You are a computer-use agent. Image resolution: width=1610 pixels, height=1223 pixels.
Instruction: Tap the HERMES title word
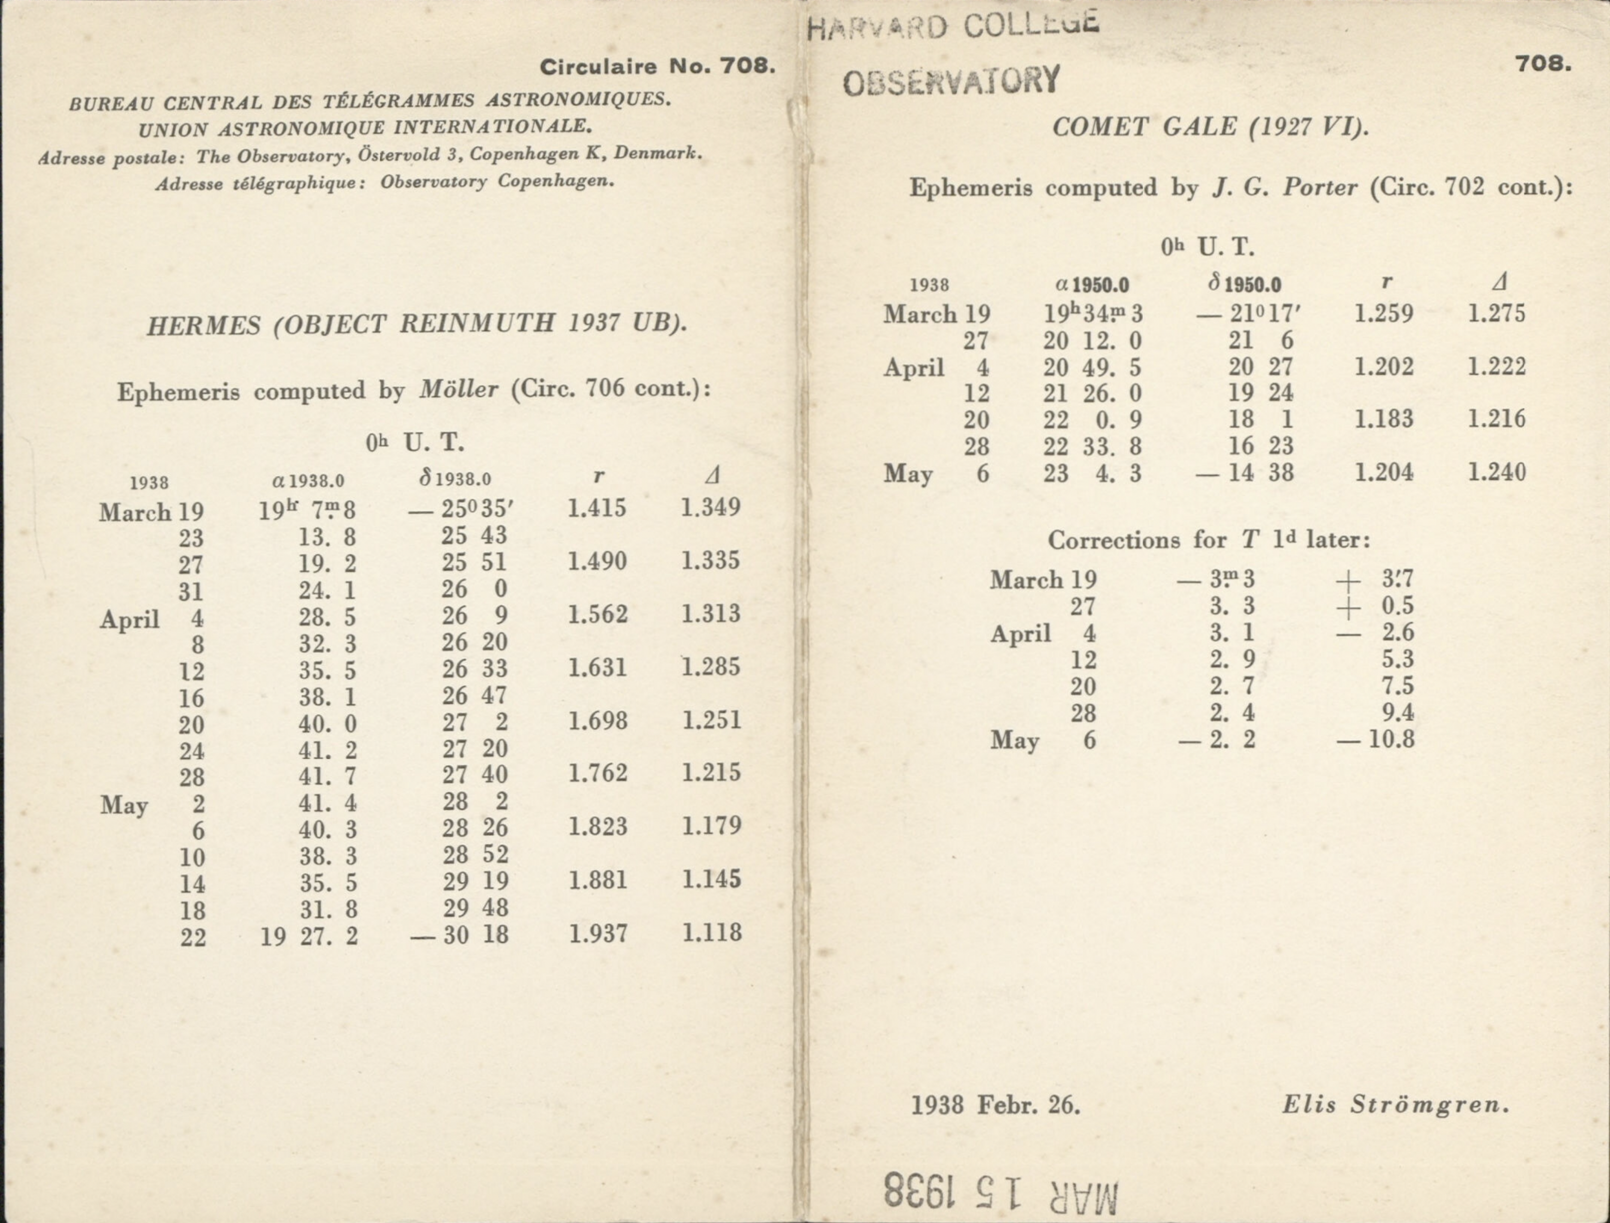(204, 325)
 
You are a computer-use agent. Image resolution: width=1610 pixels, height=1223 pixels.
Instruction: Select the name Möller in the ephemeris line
(459, 390)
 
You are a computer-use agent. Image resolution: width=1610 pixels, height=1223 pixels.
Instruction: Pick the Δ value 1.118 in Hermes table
(711, 933)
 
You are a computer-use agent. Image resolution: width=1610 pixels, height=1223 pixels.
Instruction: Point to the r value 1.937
(598, 934)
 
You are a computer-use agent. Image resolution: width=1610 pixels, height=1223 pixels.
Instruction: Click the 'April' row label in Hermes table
(130, 620)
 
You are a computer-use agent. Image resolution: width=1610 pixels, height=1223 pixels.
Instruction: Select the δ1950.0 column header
(1245, 283)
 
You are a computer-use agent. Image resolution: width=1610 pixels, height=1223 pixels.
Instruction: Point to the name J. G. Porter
(1285, 188)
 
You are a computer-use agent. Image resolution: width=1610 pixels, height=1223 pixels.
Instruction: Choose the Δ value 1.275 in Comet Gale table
(1496, 314)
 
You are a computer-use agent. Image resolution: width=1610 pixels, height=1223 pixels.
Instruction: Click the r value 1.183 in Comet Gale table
(1384, 419)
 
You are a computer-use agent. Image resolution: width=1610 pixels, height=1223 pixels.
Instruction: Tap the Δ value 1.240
(1496, 472)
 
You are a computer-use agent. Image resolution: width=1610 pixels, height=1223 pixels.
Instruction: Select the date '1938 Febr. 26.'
(995, 1106)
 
